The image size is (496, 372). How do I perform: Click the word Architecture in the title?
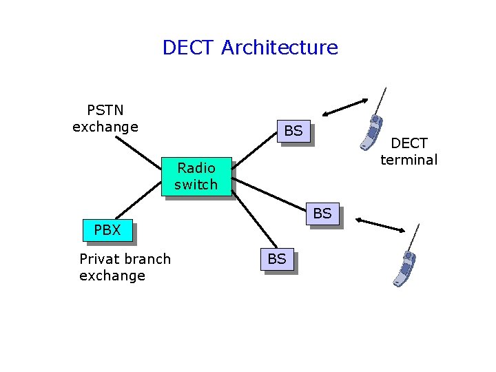point(280,48)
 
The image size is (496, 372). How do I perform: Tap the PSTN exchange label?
point(105,118)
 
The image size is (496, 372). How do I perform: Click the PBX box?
point(107,231)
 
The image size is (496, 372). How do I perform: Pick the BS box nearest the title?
point(293,131)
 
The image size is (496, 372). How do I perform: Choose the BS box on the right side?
point(322,214)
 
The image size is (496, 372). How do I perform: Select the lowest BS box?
point(276,259)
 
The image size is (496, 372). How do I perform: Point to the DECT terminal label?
point(409,152)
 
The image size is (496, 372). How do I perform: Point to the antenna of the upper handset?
point(381,99)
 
